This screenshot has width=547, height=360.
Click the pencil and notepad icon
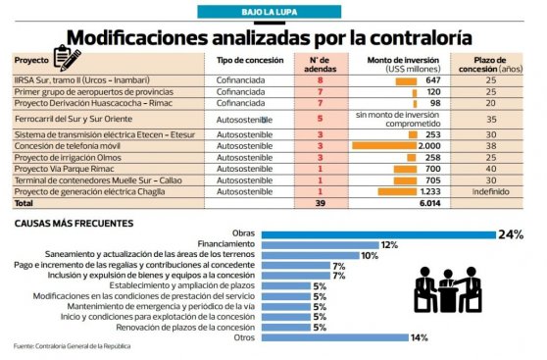[x=68, y=58]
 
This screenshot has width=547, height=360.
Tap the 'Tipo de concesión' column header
[x=250, y=60]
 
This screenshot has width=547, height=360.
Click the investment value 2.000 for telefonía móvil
[x=428, y=144]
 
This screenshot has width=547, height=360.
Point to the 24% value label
[x=511, y=233]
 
